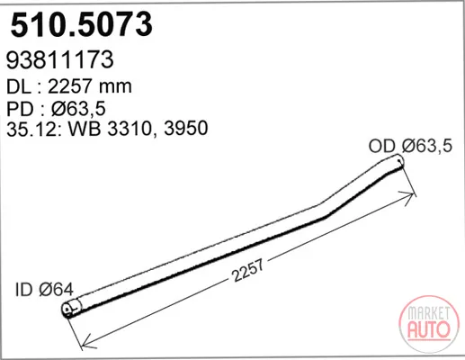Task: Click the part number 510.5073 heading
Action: [x=82, y=24]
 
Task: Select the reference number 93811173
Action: [x=60, y=59]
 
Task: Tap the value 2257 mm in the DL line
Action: [x=90, y=86]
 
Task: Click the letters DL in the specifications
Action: [x=19, y=86]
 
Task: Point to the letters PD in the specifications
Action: [x=20, y=109]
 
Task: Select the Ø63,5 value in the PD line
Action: [x=78, y=109]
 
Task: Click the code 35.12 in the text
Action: [x=32, y=129]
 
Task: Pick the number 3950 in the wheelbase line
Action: [x=186, y=128]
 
